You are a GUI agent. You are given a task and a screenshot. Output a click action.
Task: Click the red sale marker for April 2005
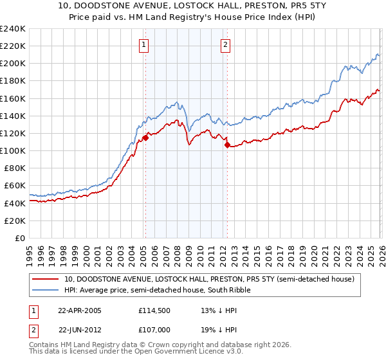click(145, 137)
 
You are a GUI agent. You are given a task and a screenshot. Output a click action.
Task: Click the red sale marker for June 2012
click(227, 145)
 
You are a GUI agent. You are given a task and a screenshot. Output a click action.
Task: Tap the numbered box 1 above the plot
click(143, 44)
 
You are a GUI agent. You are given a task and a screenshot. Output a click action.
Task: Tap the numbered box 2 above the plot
click(226, 44)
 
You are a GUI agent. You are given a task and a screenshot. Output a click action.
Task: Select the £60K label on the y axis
click(14, 186)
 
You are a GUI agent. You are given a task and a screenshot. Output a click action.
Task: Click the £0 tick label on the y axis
click(21, 238)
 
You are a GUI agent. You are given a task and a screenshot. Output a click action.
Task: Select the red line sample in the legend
click(46, 279)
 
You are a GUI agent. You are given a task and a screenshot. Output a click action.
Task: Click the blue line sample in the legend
click(46, 290)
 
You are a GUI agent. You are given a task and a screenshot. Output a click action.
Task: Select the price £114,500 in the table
click(153, 310)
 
